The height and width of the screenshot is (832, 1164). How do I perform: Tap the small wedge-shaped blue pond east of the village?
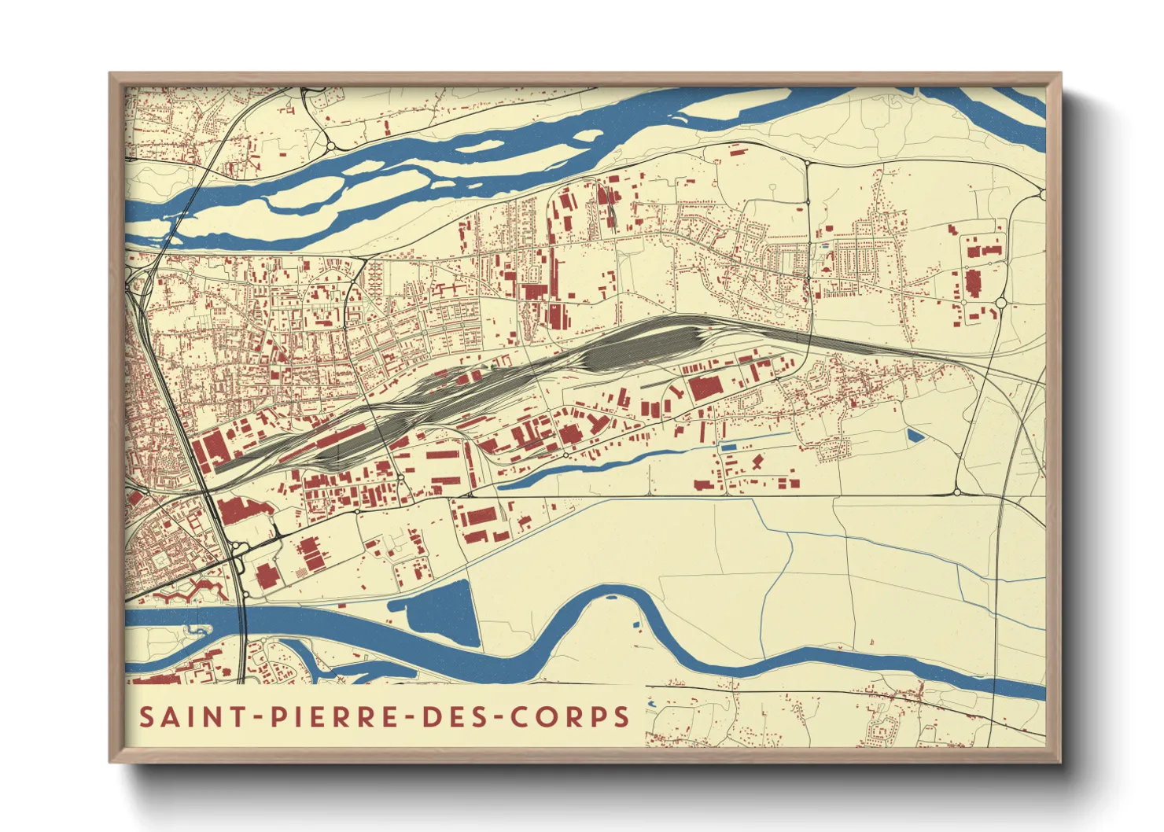click(915, 435)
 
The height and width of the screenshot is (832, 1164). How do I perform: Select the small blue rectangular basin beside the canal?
click(729, 447)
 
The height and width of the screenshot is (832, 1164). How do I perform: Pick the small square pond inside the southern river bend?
click(636, 625)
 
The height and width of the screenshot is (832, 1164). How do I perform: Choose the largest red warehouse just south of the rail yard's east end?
click(705, 387)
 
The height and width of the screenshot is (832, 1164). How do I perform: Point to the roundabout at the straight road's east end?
click(957, 492)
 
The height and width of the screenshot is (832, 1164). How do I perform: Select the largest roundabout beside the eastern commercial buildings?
click(1001, 303)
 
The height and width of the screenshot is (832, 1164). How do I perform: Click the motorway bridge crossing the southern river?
click(243, 621)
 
